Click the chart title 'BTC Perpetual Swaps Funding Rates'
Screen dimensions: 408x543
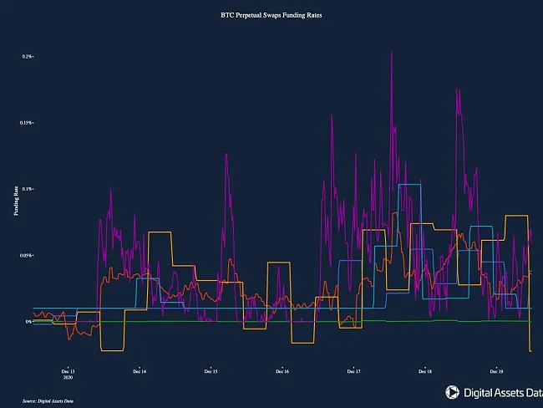(271, 15)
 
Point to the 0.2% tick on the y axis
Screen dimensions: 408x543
(27, 56)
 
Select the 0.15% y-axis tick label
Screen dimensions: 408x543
(26, 123)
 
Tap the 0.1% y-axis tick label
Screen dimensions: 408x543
(27, 189)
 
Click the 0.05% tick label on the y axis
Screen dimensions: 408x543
(26, 255)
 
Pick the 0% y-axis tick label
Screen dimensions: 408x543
(28, 321)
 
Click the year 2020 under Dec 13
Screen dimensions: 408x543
(69, 378)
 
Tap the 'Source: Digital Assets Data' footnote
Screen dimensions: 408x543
(48, 401)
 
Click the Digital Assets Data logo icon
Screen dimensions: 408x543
(452, 390)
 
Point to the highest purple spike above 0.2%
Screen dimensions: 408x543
(392, 53)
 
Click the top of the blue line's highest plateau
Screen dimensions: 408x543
(410, 185)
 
